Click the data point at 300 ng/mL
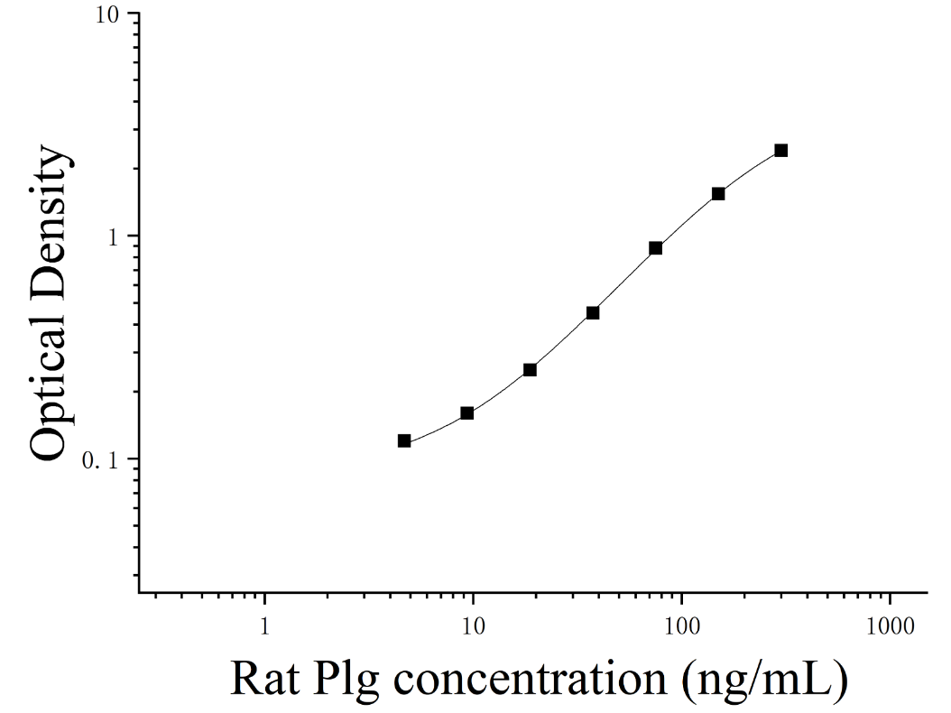click(x=781, y=151)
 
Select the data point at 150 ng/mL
click(x=718, y=193)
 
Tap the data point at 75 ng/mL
click(x=656, y=248)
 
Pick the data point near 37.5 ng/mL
click(x=593, y=313)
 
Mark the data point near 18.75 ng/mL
click(x=530, y=369)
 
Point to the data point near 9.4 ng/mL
click(x=467, y=413)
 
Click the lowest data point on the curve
click(x=404, y=441)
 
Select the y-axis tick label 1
click(x=112, y=238)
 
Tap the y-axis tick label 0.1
click(x=99, y=461)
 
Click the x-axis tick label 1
click(x=264, y=625)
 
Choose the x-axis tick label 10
click(x=473, y=625)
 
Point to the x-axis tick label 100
click(x=682, y=625)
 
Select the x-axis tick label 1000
click(x=891, y=625)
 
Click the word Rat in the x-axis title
click(x=265, y=679)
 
